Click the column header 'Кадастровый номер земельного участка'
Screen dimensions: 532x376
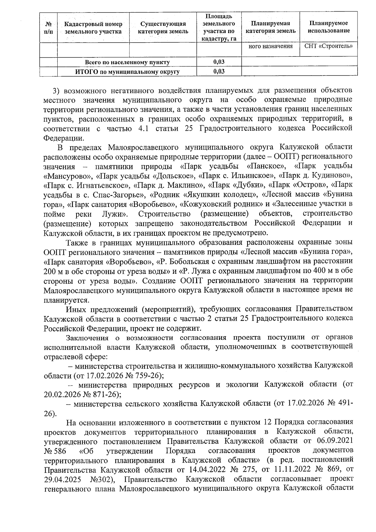click(x=93, y=28)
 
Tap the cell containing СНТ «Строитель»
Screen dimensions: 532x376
click(x=329, y=46)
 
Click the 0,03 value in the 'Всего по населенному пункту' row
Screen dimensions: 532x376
click(x=219, y=62)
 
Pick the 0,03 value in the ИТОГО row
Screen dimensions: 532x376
click(x=219, y=71)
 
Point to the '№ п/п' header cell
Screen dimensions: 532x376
click(x=48, y=28)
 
